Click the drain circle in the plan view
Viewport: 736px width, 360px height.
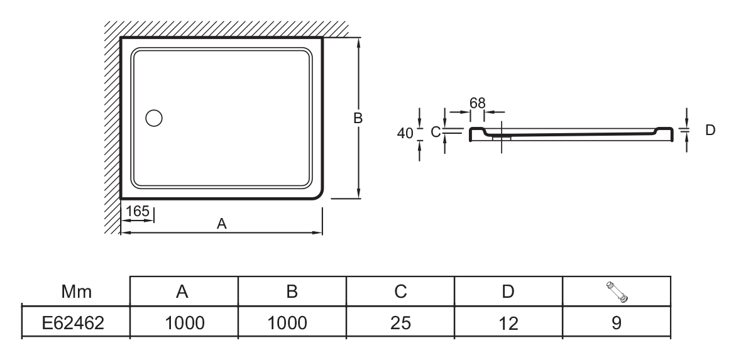pyautogui.click(x=154, y=117)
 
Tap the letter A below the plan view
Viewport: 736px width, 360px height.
pyautogui.click(x=221, y=224)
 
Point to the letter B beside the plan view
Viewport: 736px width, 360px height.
pyautogui.click(x=358, y=117)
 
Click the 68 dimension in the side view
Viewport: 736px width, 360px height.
pyautogui.click(x=477, y=102)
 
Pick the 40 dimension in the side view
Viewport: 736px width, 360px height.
pyautogui.click(x=405, y=133)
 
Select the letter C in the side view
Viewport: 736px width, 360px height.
pyautogui.click(x=434, y=132)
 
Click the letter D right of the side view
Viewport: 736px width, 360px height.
pyautogui.click(x=710, y=129)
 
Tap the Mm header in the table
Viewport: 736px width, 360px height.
pyautogui.click(x=76, y=292)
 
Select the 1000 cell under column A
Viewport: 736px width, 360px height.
pyautogui.click(x=184, y=323)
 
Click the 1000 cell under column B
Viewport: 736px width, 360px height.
pyautogui.click(x=292, y=323)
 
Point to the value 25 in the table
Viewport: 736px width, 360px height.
pyautogui.click(x=400, y=323)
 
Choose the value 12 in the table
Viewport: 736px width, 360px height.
pyautogui.click(x=508, y=323)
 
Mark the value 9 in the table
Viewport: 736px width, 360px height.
pyautogui.click(x=617, y=323)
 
